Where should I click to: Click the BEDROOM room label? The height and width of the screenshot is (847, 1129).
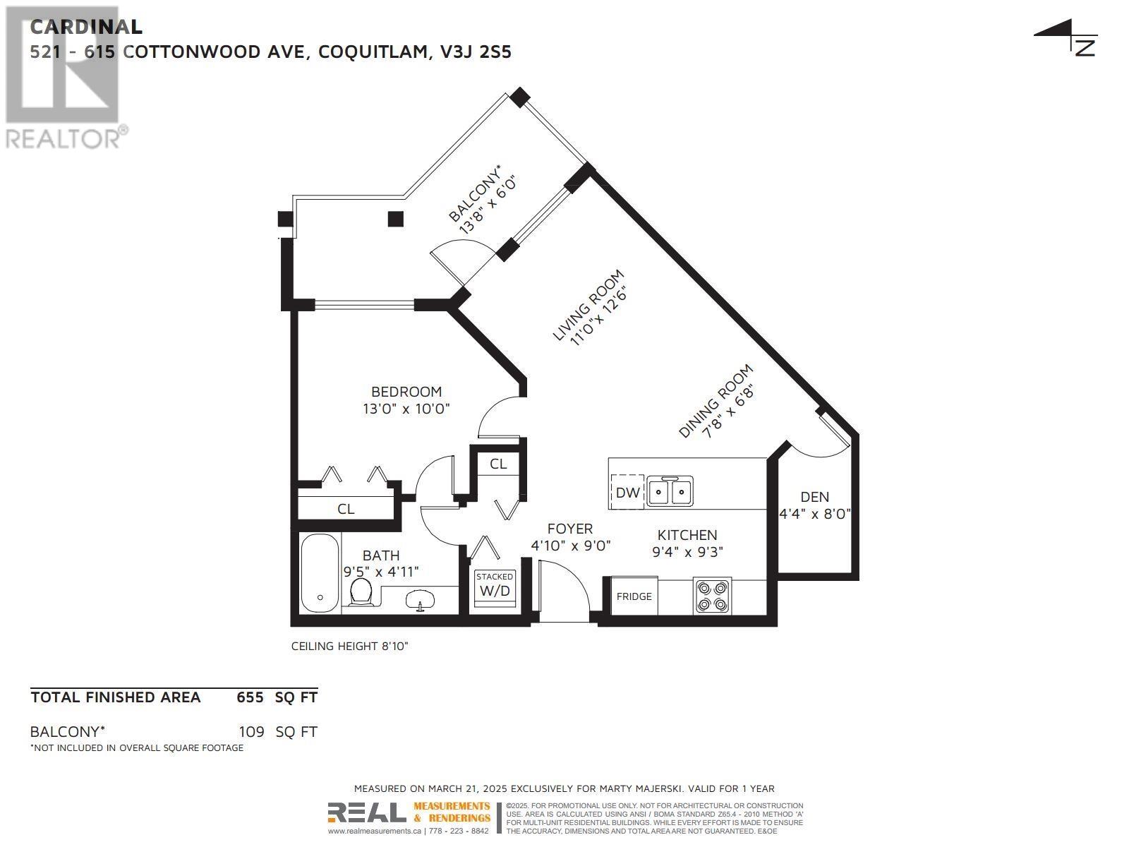tap(406, 392)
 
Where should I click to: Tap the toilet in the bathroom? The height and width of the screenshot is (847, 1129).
tap(361, 591)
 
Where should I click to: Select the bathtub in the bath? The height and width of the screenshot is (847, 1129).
tap(320, 574)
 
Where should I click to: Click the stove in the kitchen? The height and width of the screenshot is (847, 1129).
tap(711, 595)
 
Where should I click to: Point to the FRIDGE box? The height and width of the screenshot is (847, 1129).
tap(634, 596)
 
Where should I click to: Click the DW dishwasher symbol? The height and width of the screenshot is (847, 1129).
tap(627, 492)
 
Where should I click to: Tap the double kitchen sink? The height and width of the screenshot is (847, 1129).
tap(670, 491)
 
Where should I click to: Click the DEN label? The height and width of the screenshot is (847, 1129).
tap(814, 497)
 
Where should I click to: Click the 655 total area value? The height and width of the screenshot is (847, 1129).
tap(250, 697)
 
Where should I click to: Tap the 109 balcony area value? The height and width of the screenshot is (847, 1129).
tap(250, 732)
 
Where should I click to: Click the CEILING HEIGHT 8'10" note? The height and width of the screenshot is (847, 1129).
tap(350, 646)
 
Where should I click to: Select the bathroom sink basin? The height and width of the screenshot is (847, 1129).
tap(421, 601)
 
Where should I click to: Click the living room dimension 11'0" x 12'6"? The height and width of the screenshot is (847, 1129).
tap(598, 316)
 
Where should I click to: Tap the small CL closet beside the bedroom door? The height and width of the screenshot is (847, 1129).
tap(498, 464)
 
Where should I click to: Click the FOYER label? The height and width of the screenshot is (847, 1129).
tap(569, 529)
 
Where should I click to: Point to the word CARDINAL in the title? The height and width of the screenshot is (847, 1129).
tap(86, 27)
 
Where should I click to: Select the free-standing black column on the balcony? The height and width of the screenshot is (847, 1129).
tap(395, 219)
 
